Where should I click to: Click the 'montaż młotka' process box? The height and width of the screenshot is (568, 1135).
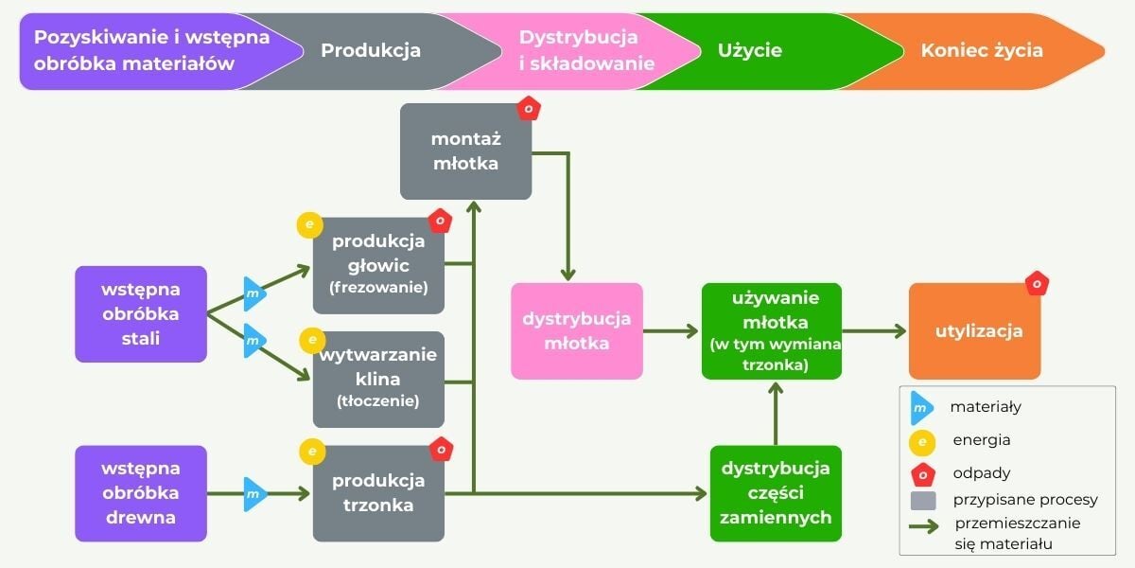click(x=464, y=151)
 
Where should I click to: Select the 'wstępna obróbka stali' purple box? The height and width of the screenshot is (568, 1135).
click(x=141, y=313)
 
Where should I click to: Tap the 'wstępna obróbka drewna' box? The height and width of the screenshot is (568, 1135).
click(x=141, y=493)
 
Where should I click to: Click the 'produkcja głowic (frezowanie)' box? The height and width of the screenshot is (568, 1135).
click(x=378, y=264)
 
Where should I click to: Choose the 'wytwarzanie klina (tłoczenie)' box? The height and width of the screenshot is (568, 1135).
click(x=378, y=379)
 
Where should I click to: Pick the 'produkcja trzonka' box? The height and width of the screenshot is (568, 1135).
click(x=378, y=493)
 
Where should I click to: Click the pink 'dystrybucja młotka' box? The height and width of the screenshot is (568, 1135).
click(x=577, y=330)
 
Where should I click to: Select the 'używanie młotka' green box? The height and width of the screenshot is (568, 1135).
click(x=772, y=330)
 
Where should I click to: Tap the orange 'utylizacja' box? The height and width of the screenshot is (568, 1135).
click(x=974, y=331)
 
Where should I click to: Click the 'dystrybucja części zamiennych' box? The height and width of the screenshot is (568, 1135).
click(x=776, y=493)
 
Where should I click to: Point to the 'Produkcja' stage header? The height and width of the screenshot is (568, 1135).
click(x=371, y=51)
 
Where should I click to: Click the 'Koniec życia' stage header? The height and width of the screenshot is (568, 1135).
click(x=982, y=51)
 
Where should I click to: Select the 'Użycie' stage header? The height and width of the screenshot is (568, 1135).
click(x=750, y=51)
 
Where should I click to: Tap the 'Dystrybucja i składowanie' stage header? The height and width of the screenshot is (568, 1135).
click(x=579, y=51)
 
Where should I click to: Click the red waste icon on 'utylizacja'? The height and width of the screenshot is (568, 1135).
click(x=1037, y=283)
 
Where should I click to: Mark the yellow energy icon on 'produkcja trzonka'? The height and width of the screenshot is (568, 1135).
click(x=312, y=452)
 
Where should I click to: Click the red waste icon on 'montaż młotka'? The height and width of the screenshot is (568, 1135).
click(x=529, y=108)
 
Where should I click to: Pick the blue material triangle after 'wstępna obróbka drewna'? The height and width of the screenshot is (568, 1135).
click(x=253, y=493)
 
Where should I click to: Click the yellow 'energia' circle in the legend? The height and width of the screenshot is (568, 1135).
click(x=921, y=441)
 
